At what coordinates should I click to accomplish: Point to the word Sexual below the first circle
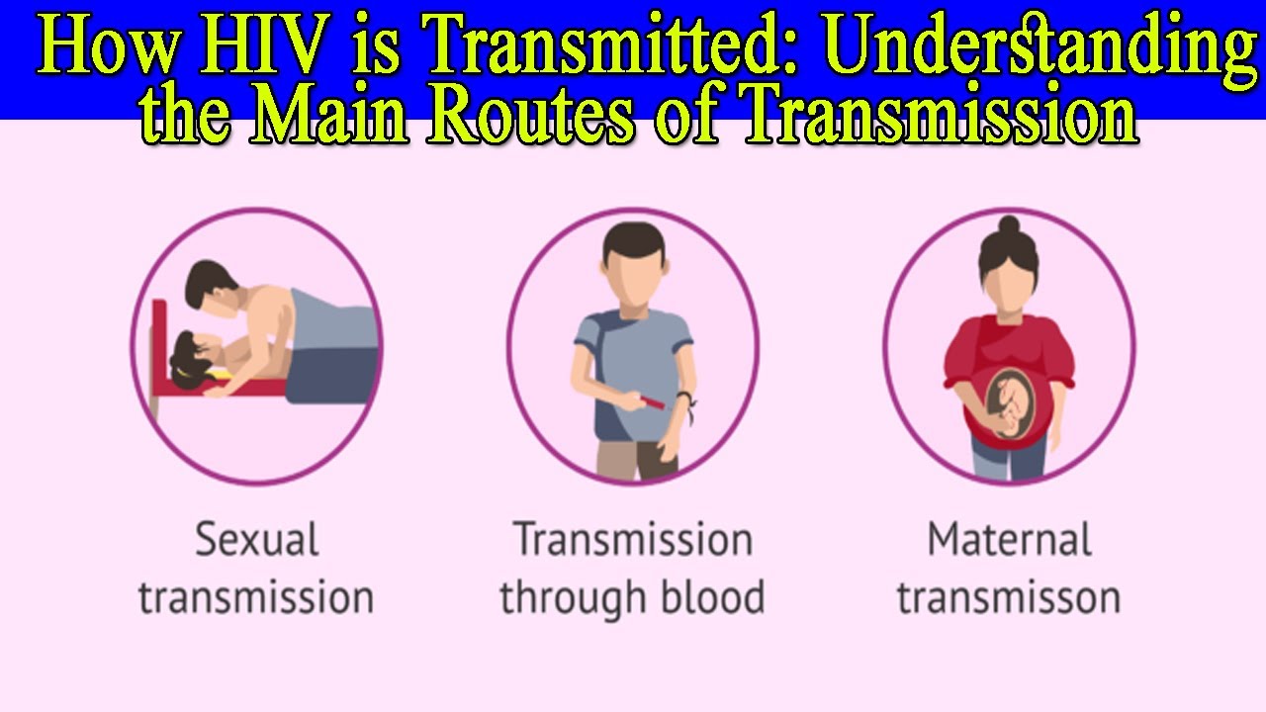(x=256, y=540)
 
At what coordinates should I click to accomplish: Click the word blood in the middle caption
(x=708, y=597)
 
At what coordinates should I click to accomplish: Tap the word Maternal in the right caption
(x=1009, y=540)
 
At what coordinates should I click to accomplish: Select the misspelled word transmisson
(x=1009, y=597)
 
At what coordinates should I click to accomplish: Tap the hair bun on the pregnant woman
(x=1008, y=225)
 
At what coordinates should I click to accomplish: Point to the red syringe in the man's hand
(x=654, y=400)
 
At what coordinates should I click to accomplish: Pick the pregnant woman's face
(x=1008, y=286)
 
